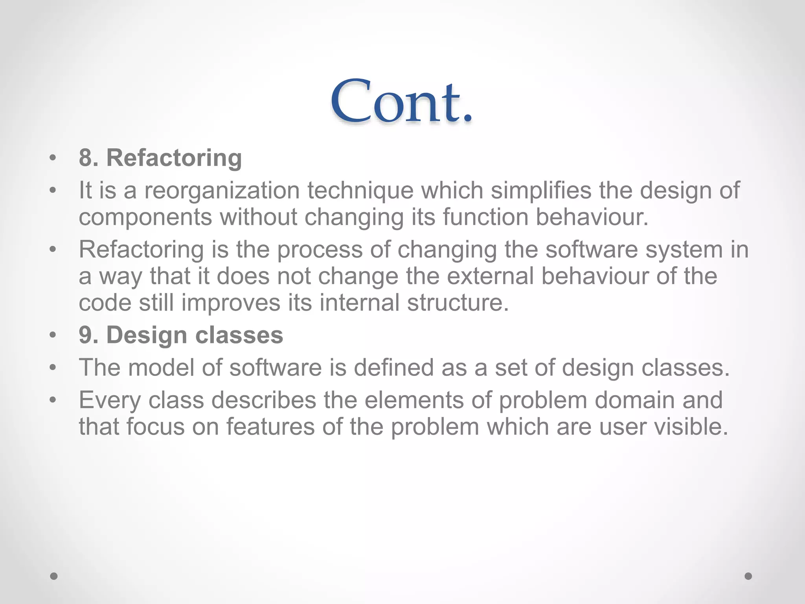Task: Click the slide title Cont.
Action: (402, 101)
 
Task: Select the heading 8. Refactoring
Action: (160, 158)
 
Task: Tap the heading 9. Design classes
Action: (181, 335)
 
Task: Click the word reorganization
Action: (222, 191)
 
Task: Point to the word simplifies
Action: (541, 191)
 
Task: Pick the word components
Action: (145, 217)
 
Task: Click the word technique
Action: (360, 191)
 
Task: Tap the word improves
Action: (231, 303)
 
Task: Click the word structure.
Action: (458, 303)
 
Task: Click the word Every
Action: (110, 400)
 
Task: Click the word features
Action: (270, 427)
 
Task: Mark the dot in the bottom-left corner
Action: (54, 576)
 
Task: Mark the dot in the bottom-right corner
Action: (748, 576)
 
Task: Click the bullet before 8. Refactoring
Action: (53, 158)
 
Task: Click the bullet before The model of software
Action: (53, 368)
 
